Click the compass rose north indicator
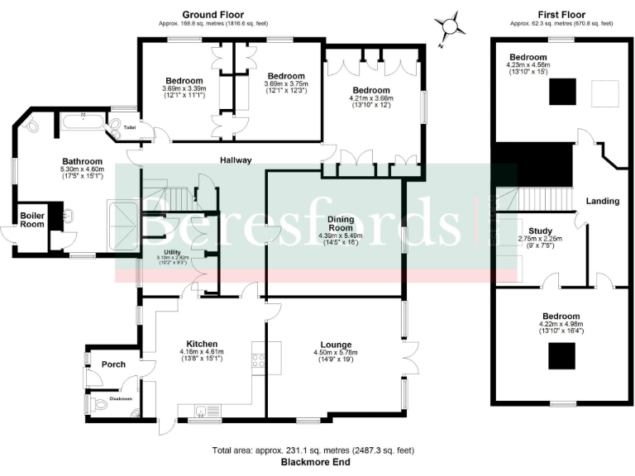click(450, 26)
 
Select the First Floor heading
click(561, 15)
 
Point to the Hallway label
click(235, 160)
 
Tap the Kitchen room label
click(202, 344)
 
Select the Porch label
click(113, 364)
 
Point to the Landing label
click(602, 201)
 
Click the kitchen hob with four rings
click(257, 361)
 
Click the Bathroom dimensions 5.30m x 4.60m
click(82, 169)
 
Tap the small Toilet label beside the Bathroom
click(130, 128)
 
